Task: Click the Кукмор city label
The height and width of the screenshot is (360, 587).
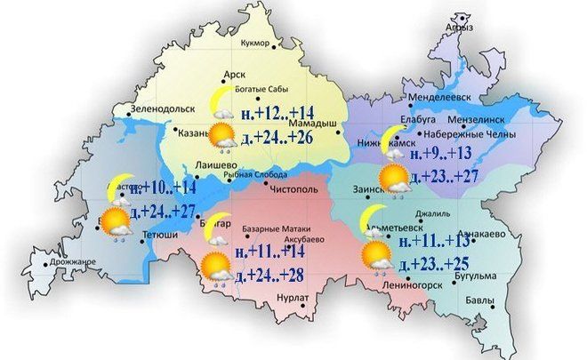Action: (259, 42)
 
